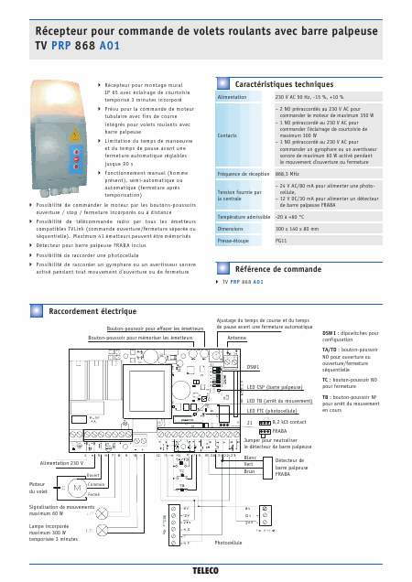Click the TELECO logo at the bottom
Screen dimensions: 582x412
[x=205, y=570]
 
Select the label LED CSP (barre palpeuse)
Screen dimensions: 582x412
[x=278, y=387]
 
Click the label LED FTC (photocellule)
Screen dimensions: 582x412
[x=278, y=411]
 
